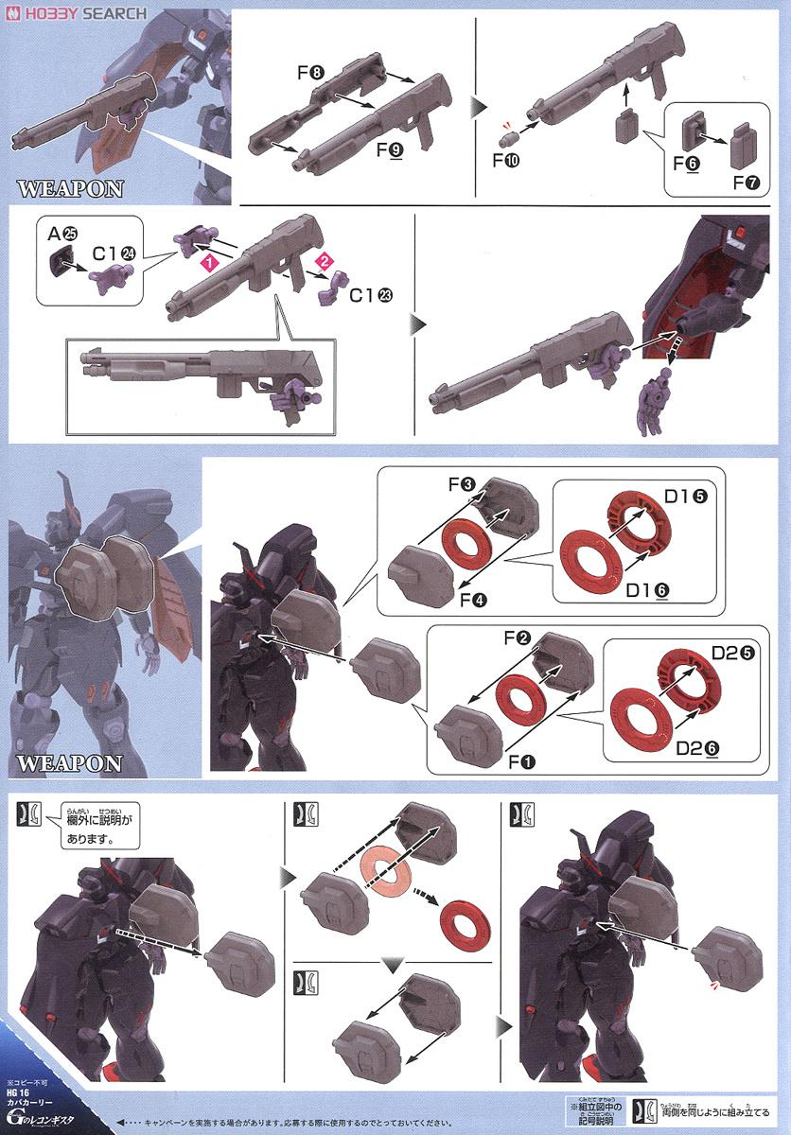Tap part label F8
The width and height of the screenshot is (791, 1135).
(x=311, y=71)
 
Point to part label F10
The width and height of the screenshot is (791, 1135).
(x=505, y=157)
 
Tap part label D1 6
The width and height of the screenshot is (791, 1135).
(x=647, y=589)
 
